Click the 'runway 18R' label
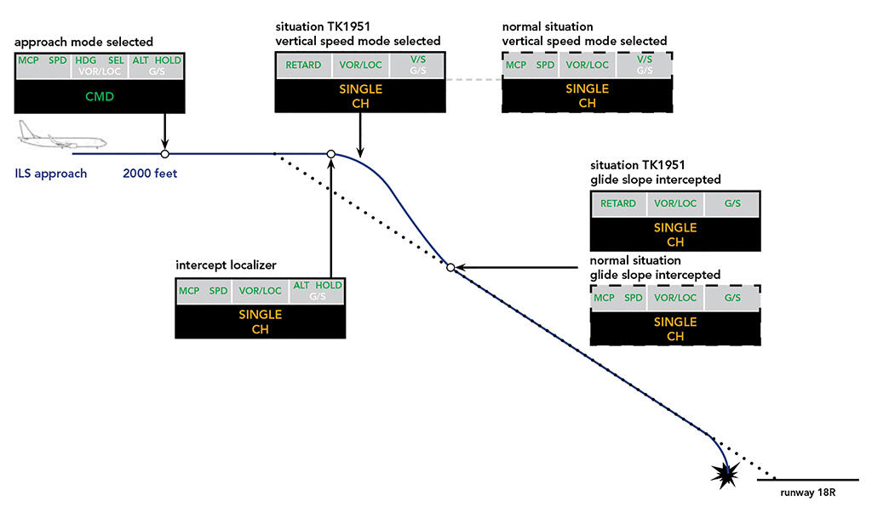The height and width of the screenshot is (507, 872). [x=806, y=492]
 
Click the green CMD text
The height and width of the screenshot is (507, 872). [x=100, y=97]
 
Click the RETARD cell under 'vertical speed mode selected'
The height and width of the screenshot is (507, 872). [x=303, y=65]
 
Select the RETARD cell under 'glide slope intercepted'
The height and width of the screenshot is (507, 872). [x=618, y=203]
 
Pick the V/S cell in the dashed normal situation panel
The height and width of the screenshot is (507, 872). [x=645, y=65]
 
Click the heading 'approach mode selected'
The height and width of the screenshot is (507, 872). [x=84, y=42]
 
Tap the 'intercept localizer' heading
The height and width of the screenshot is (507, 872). [x=222, y=265]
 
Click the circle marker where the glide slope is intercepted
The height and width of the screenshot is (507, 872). [x=451, y=267]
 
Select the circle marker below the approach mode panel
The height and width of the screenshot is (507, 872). [x=164, y=154]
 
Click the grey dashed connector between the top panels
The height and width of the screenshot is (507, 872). [x=473, y=81]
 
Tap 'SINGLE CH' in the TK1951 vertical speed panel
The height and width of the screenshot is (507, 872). [x=360, y=95]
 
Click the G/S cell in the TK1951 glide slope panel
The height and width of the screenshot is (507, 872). [x=732, y=203]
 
